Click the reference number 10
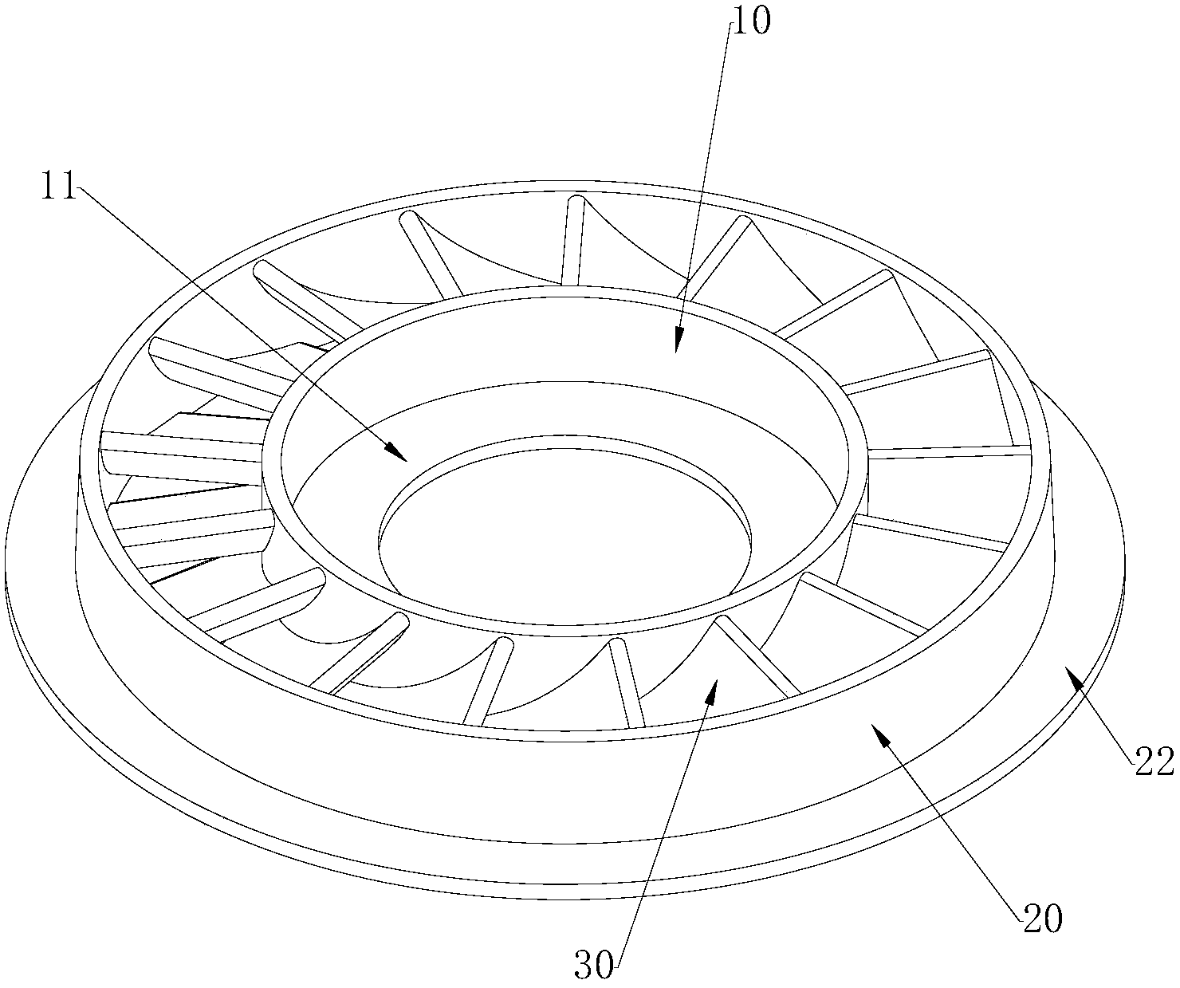pyautogui.click(x=751, y=22)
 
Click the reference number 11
pyautogui.click(x=58, y=186)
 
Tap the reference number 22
pyautogui.click(x=1154, y=762)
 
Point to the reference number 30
pyautogui.click(x=594, y=966)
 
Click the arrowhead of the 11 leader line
pyautogui.click(x=398, y=453)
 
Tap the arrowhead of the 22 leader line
pyautogui.click(x=1074, y=675)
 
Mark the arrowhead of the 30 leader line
pyautogui.click(x=714, y=688)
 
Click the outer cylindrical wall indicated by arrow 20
pyautogui.click(x=565, y=791)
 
